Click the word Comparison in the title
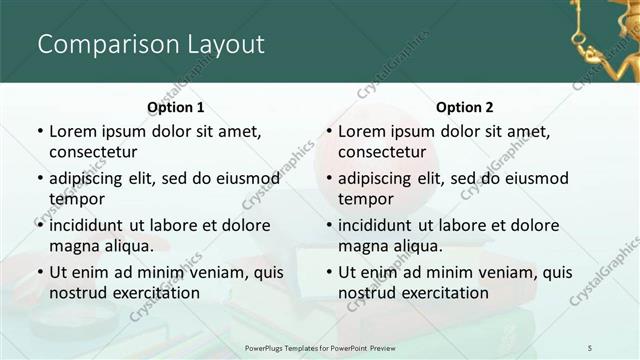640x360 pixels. coord(96,45)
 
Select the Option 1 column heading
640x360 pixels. coord(176,107)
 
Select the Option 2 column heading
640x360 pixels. coord(465,107)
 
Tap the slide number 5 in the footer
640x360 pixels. coord(590,346)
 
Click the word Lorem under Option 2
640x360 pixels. coord(361,132)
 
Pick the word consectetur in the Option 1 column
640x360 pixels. coord(93,152)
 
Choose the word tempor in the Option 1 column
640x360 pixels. coord(74,198)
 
